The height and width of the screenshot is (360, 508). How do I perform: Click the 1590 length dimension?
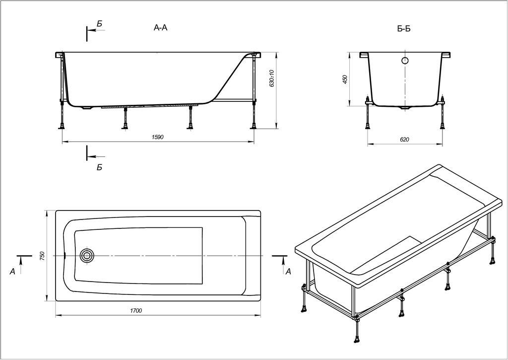(x=158, y=137)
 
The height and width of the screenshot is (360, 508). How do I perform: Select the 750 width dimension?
(x=43, y=256)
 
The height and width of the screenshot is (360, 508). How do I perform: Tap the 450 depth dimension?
(x=345, y=79)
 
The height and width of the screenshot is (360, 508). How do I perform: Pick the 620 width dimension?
(x=404, y=140)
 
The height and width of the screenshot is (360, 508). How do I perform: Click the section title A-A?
(x=161, y=28)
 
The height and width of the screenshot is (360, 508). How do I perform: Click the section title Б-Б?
(x=404, y=29)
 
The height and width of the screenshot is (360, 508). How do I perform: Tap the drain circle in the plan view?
(x=87, y=255)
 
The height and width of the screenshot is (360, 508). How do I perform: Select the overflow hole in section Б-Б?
(x=405, y=61)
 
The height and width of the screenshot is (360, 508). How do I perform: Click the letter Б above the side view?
(x=100, y=23)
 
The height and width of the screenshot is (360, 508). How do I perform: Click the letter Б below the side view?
(x=99, y=167)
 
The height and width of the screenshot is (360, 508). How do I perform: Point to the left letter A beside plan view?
(x=12, y=271)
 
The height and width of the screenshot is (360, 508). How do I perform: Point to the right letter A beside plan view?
(x=288, y=271)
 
